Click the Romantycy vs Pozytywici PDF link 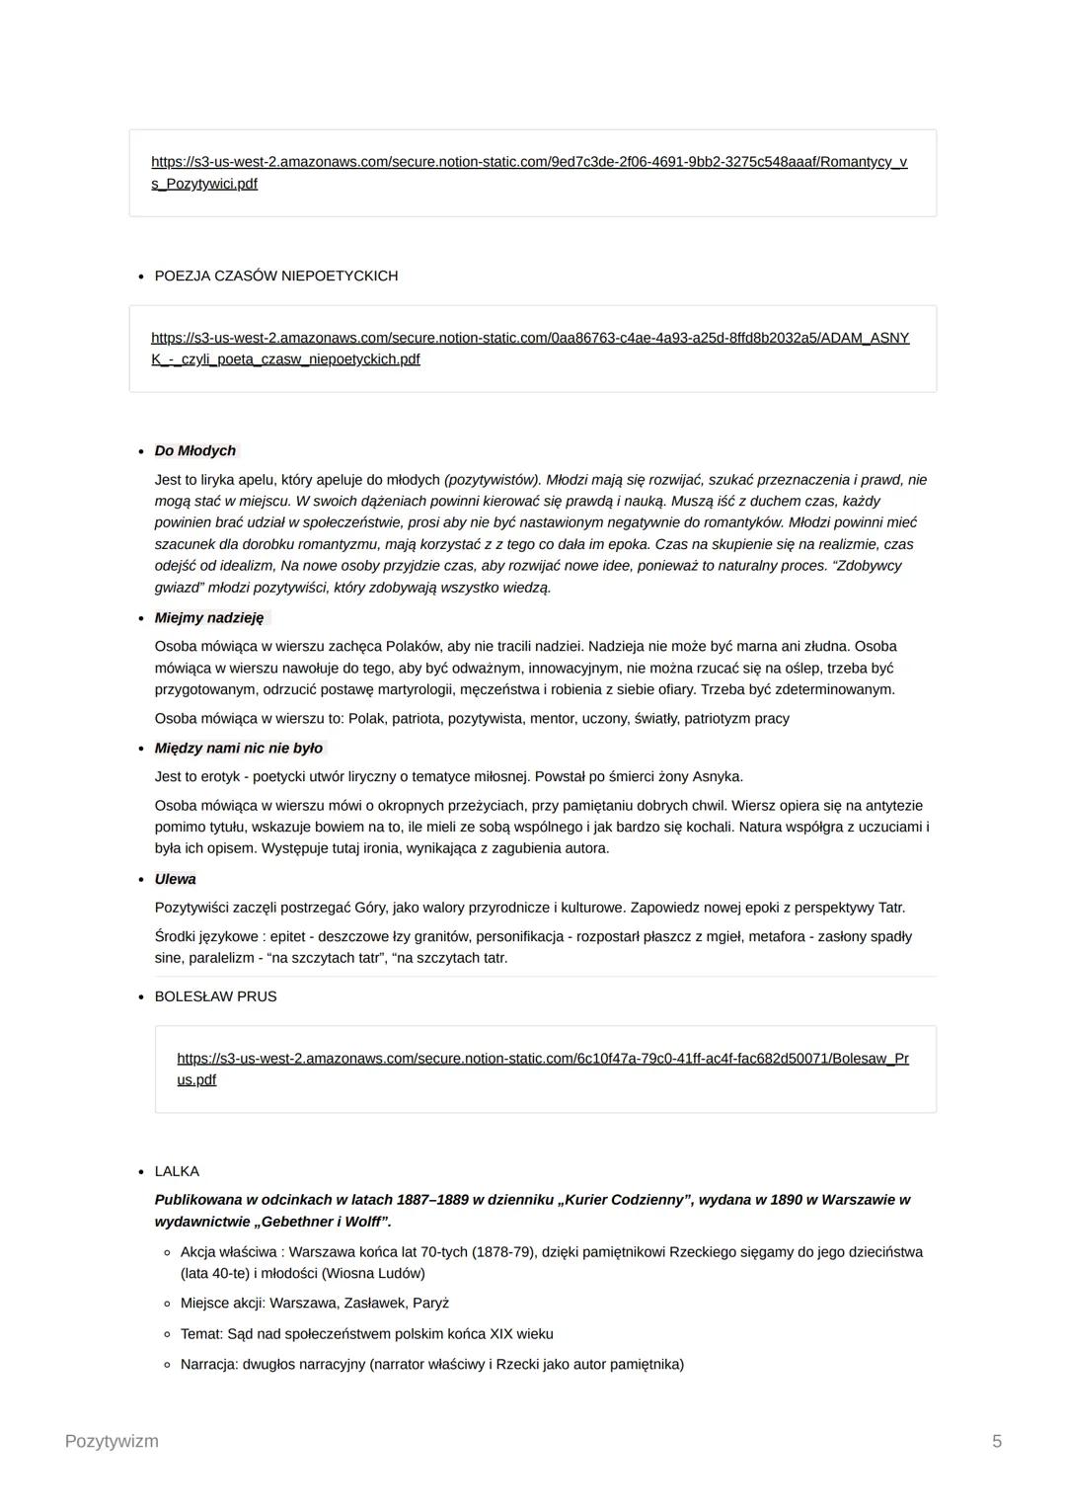pyautogui.click(x=529, y=162)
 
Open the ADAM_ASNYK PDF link pyautogui.click(x=530, y=338)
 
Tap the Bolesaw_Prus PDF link pyautogui.click(x=543, y=1059)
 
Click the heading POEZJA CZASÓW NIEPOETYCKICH pyautogui.click(x=276, y=276)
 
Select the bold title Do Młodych pyautogui.click(x=195, y=451)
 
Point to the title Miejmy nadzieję pyautogui.click(x=209, y=618)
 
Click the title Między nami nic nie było pyautogui.click(x=239, y=749)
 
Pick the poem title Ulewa pyautogui.click(x=176, y=879)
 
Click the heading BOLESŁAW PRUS pyautogui.click(x=216, y=996)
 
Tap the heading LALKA pyautogui.click(x=177, y=1171)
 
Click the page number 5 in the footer pyautogui.click(x=997, y=1441)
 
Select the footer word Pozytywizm pyautogui.click(x=112, y=1441)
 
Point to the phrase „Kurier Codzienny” pyautogui.click(x=621, y=1200)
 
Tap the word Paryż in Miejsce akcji pyautogui.click(x=430, y=1304)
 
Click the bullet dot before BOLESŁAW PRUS pyautogui.click(x=142, y=997)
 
